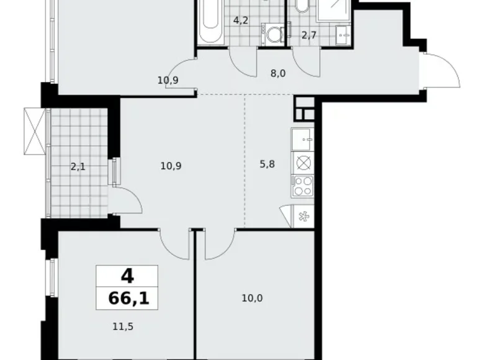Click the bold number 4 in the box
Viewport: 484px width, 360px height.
(x=127, y=275)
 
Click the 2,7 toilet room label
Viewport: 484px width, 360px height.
(x=308, y=35)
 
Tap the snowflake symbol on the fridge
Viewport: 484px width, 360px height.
(x=303, y=217)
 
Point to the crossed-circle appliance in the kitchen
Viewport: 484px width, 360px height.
(x=303, y=163)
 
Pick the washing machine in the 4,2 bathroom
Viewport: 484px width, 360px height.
(x=272, y=34)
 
